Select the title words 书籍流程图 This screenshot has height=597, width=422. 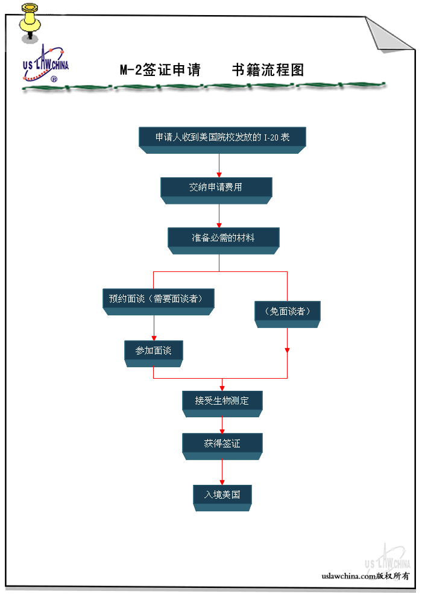[268, 70]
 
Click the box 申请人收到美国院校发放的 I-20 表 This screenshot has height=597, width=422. [222, 137]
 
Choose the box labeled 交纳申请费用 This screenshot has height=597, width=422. [216, 188]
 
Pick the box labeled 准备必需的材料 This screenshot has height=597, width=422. [223, 238]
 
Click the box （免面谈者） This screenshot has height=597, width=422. [288, 312]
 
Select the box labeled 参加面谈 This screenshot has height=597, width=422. [153, 351]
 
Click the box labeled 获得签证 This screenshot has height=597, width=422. [222, 444]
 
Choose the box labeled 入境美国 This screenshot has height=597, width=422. [222, 495]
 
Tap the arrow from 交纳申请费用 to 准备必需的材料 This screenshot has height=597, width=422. [219, 215]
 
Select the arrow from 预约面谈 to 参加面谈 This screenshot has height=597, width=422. [154, 328]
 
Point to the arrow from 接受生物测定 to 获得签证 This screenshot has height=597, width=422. [222, 425]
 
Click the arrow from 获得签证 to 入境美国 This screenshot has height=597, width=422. [222, 472]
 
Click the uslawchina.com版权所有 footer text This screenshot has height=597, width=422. [365, 576]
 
